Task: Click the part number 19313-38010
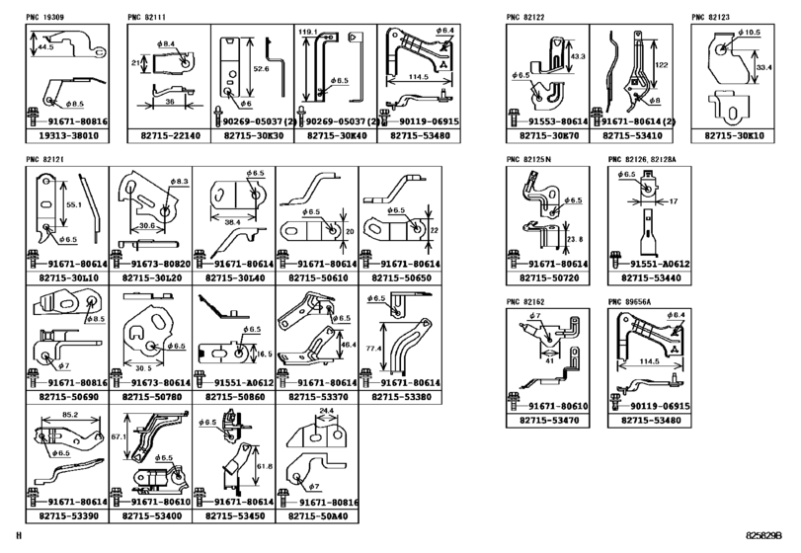[65, 134]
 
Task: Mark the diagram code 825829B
[769, 536]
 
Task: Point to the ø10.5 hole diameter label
[747, 32]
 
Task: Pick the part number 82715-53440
[646, 281]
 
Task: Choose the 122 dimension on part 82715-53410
[658, 64]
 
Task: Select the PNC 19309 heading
[45, 17]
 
